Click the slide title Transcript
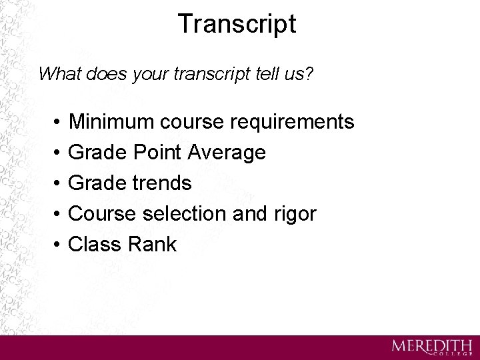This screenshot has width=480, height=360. click(237, 25)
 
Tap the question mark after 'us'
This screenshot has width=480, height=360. click(309, 73)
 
